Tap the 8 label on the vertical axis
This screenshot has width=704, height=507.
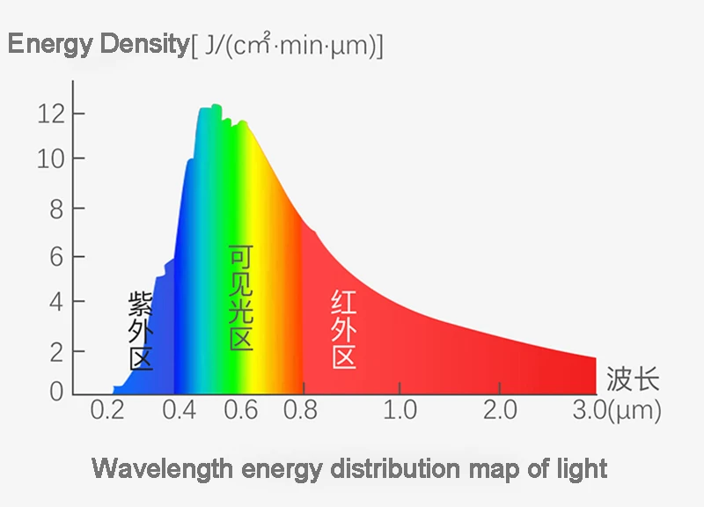tap(55, 209)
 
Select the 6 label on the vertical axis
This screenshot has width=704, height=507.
tap(55, 257)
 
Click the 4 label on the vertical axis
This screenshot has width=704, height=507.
tap(55, 301)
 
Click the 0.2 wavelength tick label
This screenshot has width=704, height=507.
tap(108, 410)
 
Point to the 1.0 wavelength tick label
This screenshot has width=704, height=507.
tap(400, 410)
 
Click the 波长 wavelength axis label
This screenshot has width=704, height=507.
tap(633, 380)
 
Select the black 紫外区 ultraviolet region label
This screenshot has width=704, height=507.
tap(141, 331)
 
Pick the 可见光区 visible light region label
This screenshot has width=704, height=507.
tap(241, 299)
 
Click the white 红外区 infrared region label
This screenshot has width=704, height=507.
tap(344, 330)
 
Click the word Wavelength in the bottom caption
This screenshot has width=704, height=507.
tap(159, 467)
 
